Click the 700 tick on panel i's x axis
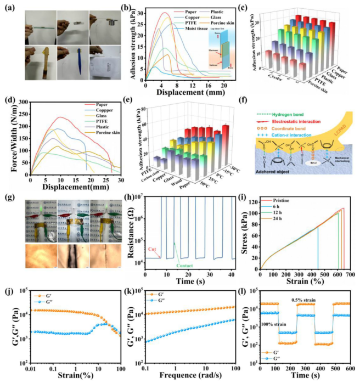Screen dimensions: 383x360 pyautogui.click(x=350, y=274)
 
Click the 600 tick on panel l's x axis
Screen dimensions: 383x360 pyautogui.click(x=351, y=369)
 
